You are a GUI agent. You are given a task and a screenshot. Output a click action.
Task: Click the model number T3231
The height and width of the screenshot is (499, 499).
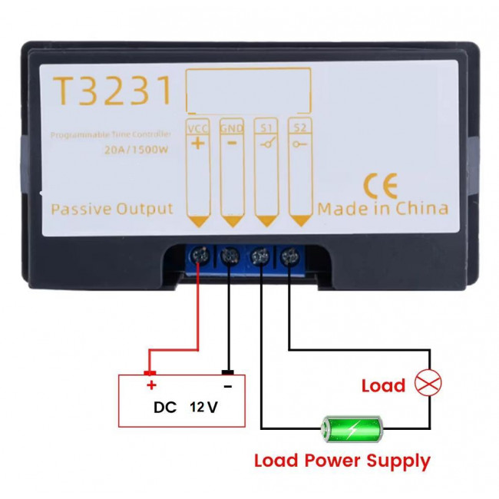111,92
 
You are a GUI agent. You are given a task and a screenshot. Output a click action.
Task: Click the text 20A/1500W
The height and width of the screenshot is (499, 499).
136,150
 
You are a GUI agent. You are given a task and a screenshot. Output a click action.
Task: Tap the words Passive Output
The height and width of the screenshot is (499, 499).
112,209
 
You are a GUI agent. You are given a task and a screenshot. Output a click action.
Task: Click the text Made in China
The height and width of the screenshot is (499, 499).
383,209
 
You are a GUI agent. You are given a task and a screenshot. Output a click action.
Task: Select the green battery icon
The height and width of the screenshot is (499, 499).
352,428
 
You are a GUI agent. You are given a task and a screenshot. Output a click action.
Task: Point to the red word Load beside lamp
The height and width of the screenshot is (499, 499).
383,385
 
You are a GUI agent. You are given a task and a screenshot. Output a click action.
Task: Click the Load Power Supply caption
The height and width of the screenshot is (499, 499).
342,461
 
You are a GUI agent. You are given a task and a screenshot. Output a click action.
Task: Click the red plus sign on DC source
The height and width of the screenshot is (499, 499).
151,385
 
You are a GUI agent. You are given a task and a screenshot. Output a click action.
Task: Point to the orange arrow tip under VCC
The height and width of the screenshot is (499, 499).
199,223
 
